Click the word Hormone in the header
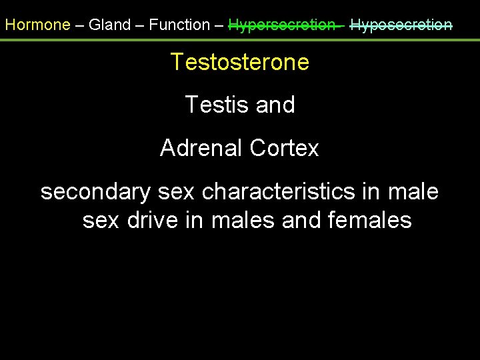point(37,25)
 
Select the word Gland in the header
point(110,25)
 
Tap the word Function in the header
point(179,25)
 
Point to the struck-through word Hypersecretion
point(282,25)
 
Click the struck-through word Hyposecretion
point(401,25)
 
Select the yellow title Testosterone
point(240,62)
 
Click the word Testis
point(213,105)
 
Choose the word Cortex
point(285,148)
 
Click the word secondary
point(96,192)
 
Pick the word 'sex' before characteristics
point(177,192)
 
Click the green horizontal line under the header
point(240,39)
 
